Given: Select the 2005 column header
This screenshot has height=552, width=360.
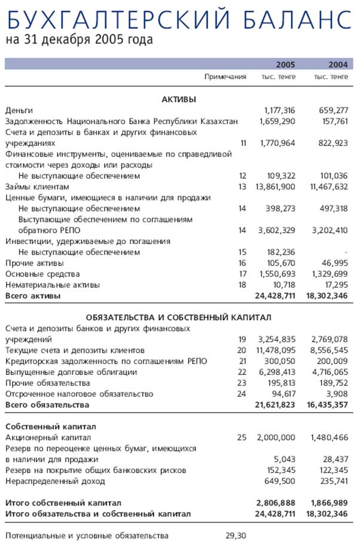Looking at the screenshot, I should click(x=286, y=65).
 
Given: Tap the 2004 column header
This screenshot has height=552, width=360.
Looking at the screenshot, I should click(x=338, y=65).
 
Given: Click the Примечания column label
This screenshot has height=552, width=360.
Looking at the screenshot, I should click(x=225, y=77).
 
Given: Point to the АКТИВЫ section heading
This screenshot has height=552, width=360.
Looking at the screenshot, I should click(x=179, y=99).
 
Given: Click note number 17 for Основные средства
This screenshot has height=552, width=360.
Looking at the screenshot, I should click(x=242, y=274).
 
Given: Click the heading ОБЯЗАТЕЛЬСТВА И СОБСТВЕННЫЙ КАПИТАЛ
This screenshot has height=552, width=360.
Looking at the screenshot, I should click(x=179, y=317).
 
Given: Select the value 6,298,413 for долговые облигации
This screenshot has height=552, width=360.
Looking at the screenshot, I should click(x=277, y=372).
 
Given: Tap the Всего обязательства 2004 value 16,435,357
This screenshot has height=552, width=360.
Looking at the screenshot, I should click(x=328, y=405).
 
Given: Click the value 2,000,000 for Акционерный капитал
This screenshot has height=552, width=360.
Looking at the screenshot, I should click(x=277, y=438).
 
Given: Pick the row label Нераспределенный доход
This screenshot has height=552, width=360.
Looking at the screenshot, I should click(x=55, y=481).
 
